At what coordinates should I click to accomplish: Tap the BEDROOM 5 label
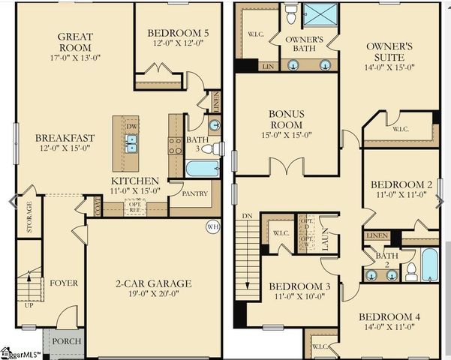click(x=178, y=33)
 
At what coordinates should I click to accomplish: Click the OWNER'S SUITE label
click(x=389, y=52)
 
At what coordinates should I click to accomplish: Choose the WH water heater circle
click(x=212, y=225)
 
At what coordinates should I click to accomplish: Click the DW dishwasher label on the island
click(x=131, y=126)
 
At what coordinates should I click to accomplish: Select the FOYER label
click(x=64, y=283)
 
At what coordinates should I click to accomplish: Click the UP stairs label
click(x=29, y=305)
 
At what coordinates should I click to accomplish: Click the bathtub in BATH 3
click(x=201, y=168)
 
